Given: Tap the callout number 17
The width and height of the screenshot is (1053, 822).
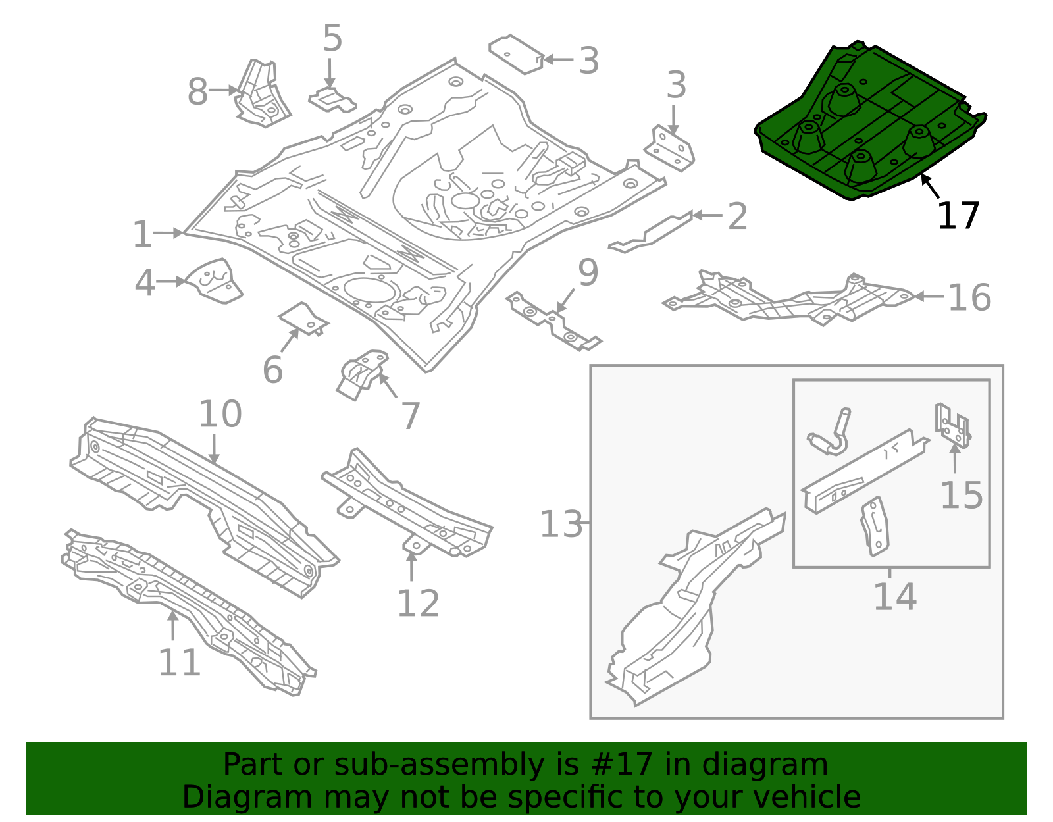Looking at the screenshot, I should [958, 216].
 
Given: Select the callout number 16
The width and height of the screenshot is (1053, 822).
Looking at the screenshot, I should [969, 297].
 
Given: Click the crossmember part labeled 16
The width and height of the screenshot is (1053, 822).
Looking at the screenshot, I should [790, 299].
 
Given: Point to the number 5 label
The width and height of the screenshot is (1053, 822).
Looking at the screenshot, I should [332, 39].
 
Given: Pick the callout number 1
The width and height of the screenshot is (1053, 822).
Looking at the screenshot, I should [142, 235].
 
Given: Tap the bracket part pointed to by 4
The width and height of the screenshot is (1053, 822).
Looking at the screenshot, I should [215, 282].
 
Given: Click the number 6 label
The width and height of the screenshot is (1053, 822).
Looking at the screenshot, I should [272, 370].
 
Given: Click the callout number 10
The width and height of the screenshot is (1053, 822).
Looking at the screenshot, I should [220, 414].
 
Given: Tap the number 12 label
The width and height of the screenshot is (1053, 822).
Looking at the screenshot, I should [418, 604].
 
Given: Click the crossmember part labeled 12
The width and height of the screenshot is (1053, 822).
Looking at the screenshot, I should [408, 507].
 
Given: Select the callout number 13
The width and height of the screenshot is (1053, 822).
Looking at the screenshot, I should [561, 525].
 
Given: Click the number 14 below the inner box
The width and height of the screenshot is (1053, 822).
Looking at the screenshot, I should [894, 597].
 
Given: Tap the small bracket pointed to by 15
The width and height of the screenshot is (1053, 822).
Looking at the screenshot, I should [952, 426].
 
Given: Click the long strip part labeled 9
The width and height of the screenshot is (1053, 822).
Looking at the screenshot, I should [553, 322].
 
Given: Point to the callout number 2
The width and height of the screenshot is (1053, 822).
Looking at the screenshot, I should [737, 217].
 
